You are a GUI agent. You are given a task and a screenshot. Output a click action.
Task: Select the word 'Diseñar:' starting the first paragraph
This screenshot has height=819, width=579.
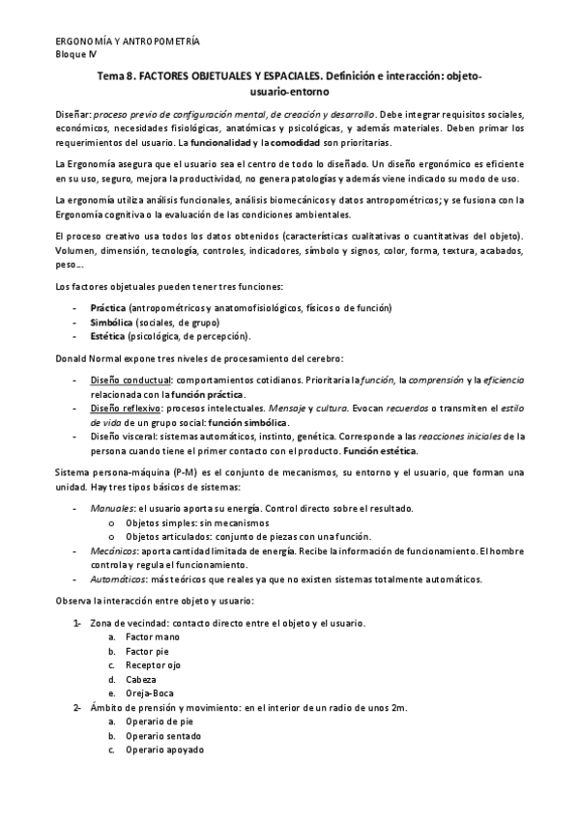(x=72, y=113)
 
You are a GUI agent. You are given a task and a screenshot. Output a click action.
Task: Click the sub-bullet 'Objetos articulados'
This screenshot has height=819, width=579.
(x=170, y=536)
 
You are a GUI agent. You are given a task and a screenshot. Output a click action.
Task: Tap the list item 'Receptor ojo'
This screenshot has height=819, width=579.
(x=156, y=665)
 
